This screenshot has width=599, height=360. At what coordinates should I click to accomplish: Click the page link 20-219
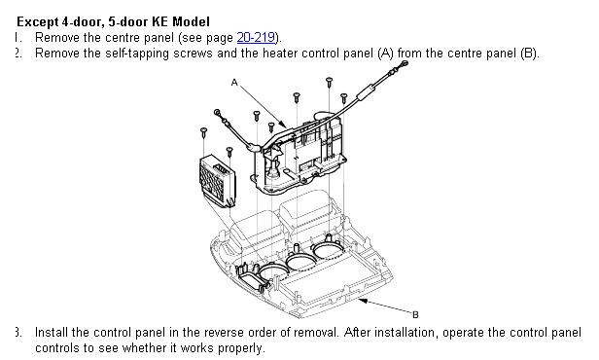coord(256,37)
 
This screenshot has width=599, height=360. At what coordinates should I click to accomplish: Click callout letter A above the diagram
coord(234,82)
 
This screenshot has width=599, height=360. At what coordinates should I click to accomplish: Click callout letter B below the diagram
coord(415,315)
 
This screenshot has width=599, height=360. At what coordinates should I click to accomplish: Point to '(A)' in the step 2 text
coord(385,54)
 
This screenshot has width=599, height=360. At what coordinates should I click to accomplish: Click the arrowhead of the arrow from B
coord(363,302)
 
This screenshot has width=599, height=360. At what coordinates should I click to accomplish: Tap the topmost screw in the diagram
coord(330,82)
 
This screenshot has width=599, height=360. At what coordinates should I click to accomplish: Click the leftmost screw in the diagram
coord(204,132)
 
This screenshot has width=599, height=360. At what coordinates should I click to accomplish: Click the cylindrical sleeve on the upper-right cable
coord(365,94)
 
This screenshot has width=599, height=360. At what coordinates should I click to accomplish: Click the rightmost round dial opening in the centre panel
coord(328,249)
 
